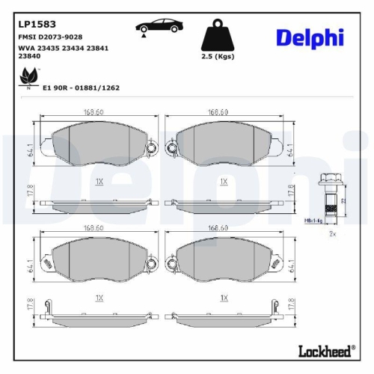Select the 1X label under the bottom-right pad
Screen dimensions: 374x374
tap(223, 297)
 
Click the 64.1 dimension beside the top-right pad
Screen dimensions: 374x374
tap(289, 150)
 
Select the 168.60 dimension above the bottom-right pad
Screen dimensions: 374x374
tap(218, 228)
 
